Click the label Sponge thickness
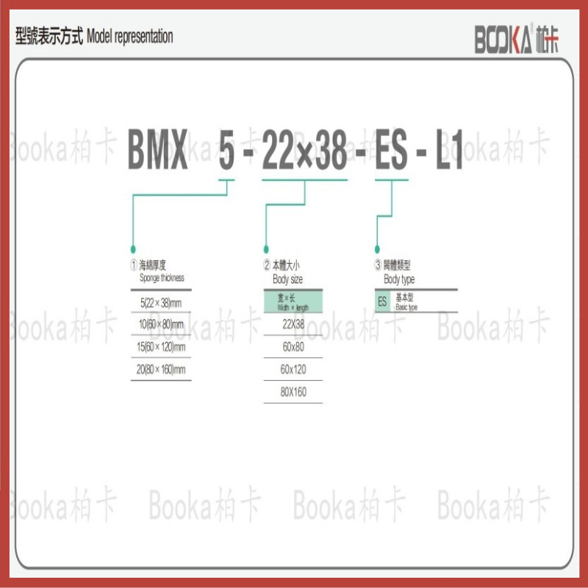tap(162, 278)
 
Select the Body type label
tap(399, 279)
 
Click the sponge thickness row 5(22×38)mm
tap(160, 301)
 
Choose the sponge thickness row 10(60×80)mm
tap(160, 324)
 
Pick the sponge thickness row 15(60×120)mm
tap(160, 347)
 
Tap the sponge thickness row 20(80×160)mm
tap(160, 370)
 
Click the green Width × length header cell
tap(293, 301)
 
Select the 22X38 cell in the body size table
tap(293, 324)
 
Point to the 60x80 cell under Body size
tap(293, 347)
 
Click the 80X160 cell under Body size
tap(293, 392)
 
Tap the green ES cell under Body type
tap(382, 301)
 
